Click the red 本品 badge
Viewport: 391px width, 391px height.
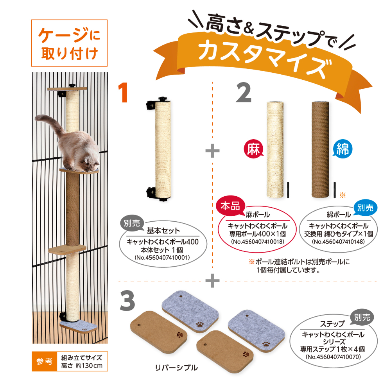point(231,206)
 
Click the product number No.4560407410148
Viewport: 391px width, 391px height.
point(339,242)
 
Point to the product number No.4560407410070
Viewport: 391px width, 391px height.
point(332,356)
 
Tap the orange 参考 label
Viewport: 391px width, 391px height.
point(43,362)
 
